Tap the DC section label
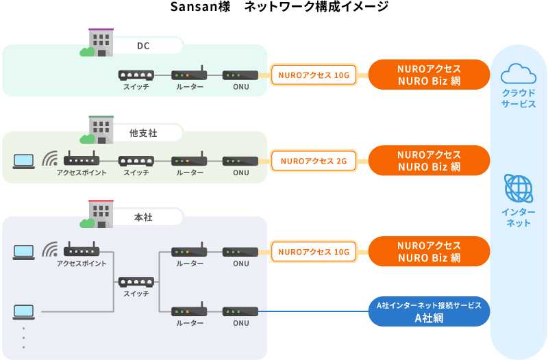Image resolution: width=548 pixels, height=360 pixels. [x=142, y=47]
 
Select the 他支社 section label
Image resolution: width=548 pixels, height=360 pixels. [x=142, y=133]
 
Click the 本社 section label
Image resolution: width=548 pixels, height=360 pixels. [x=142, y=218]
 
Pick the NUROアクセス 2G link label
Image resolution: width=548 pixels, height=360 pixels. [x=314, y=162]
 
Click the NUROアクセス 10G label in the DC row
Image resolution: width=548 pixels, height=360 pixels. [x=314, y=75]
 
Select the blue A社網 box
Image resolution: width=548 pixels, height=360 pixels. [x=429, y=311]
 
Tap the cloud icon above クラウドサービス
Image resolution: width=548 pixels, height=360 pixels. [x=518, y=73]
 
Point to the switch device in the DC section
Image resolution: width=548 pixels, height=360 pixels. [x=136, y=75]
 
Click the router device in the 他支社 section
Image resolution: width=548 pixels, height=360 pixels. [x=189, y=160]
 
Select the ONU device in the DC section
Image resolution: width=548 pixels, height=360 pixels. [x=240, y=75]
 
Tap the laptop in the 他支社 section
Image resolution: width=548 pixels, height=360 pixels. [x=24, y=162]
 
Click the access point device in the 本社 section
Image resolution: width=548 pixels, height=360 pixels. [x=82, y=250]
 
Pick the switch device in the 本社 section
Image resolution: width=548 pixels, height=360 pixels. [x=136, y=281]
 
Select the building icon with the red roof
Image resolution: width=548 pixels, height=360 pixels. [x=100, y=213]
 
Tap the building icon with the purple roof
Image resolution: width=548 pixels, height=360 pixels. [x=100, y=42]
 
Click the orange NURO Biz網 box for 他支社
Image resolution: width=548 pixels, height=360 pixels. [x=429, y=160]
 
